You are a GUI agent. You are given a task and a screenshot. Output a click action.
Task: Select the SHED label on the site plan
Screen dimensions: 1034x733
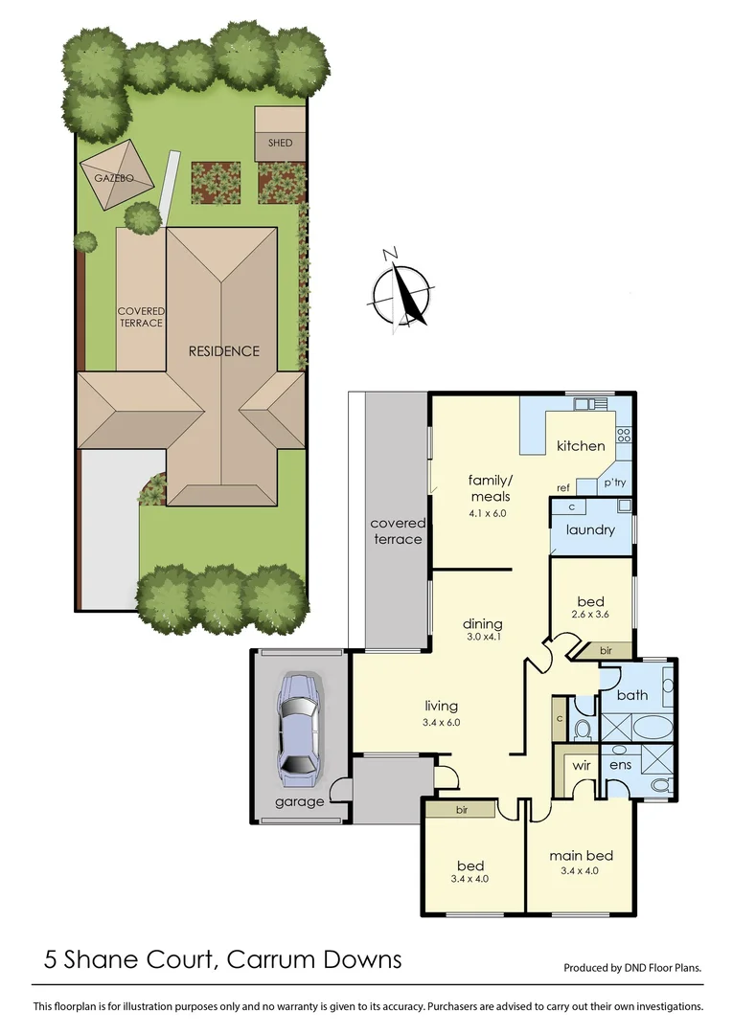click(280, 144)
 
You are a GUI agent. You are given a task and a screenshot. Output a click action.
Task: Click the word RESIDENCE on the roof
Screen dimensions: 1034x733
click(223, 351)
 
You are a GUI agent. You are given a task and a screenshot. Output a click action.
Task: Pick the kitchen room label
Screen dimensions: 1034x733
click(581, 445)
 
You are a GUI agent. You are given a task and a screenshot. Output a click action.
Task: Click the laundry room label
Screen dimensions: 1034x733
click(590, 529)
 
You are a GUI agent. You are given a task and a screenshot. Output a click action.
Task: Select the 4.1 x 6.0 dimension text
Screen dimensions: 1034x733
click(487, 513)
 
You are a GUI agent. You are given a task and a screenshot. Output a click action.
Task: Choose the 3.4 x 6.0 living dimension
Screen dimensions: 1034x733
click(442, 723)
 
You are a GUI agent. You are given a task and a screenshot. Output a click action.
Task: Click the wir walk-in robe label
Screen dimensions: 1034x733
click(581, 766)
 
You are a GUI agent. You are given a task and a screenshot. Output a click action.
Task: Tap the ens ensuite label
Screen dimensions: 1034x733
click(618, 766)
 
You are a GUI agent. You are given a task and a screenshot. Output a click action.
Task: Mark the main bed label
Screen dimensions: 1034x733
click(581, 856)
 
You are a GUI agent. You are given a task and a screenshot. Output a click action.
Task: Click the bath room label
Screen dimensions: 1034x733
click(632, 695)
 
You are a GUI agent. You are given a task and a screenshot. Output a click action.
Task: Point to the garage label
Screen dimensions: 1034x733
click(299, 802)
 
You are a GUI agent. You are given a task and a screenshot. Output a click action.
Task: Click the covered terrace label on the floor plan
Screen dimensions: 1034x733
click(397, 531)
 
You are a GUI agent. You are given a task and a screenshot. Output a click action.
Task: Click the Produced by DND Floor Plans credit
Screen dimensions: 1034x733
click(632, 968)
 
